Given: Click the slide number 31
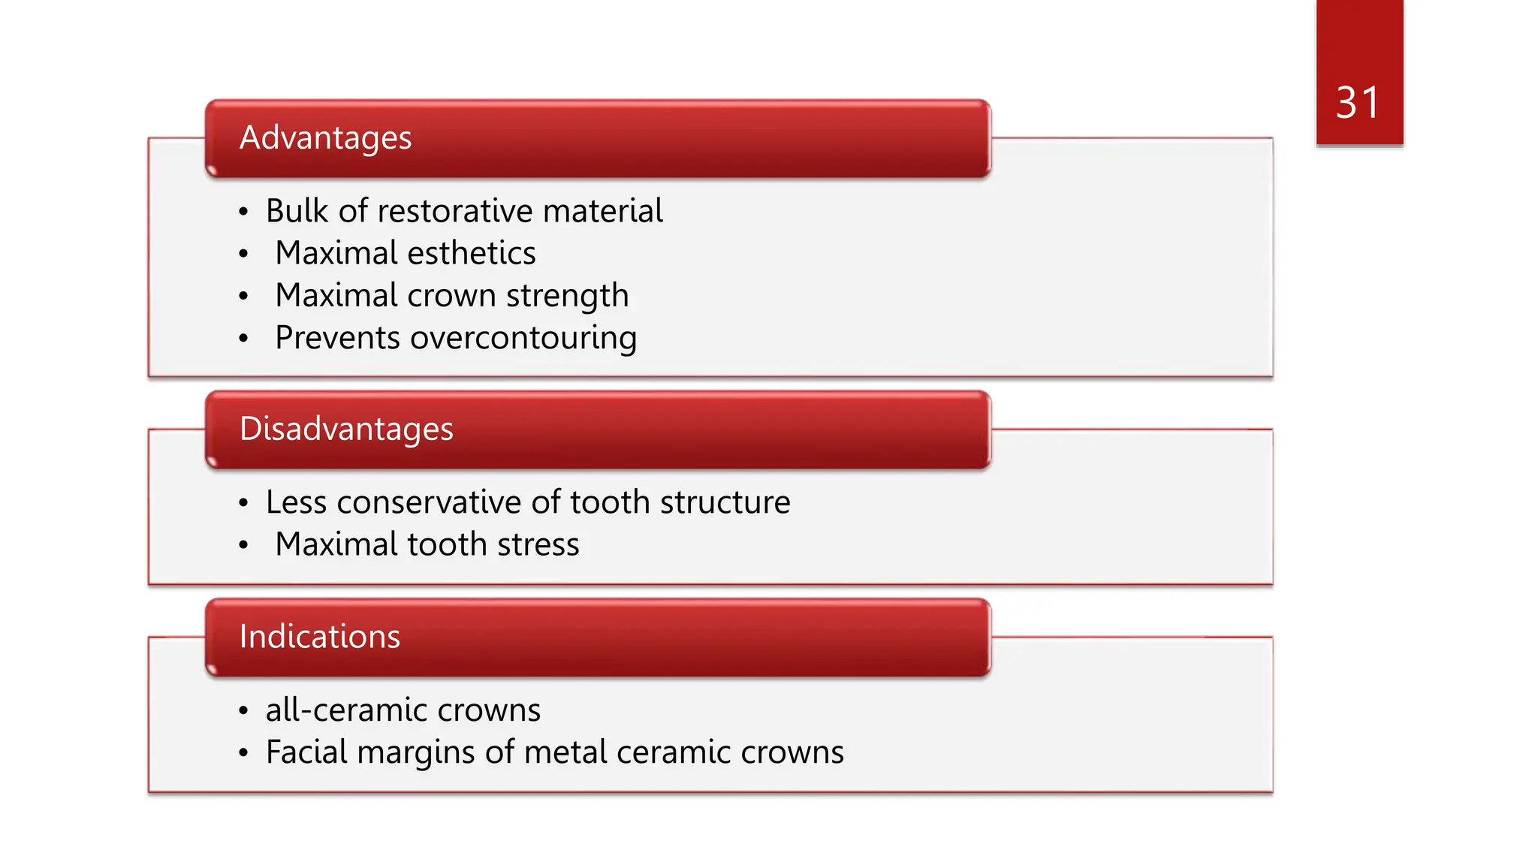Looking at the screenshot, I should pos(1358,103).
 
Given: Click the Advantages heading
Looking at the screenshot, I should pos(325,138).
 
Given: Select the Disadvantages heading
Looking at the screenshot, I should pos(346,429).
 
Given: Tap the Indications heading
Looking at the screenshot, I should pos(320,637).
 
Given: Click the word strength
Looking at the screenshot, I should pos(567,296).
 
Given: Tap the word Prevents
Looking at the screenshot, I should pos(337,338).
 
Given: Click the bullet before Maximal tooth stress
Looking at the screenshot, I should pos(243,545).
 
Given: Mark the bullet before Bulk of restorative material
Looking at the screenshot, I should pos(243,212).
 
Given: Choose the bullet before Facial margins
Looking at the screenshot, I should pos(243,753).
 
